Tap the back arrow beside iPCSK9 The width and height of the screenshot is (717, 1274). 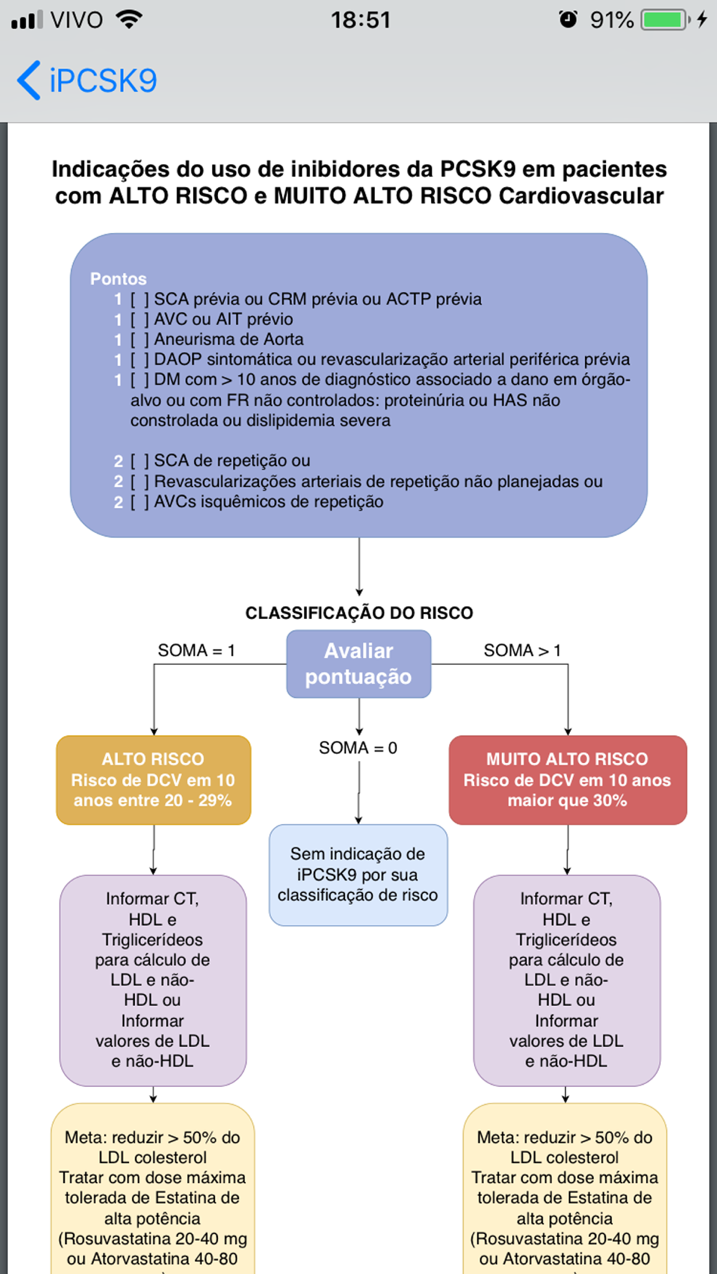click(x=29, y=80)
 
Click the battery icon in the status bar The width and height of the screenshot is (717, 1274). click(x=665, y=20)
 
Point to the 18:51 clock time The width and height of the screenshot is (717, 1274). click(x=361, y=20)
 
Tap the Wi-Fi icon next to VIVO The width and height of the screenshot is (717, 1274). click(x=129, y=19)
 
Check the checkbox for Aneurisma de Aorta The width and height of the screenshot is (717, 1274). click(x=140, y=340)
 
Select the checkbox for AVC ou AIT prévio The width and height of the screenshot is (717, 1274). click(x=140, y=320)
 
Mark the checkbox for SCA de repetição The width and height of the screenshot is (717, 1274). click(x=140, y=461)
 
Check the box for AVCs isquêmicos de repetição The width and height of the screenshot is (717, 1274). click(x=140, y=502)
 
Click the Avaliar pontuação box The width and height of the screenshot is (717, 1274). click(x=358, y=664)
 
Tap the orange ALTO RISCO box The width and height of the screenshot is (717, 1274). click(x=153, y=780)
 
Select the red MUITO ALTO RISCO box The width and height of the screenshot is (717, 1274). click(x=567, y=780)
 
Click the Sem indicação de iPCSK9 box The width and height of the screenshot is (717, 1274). click(x=358, y=875)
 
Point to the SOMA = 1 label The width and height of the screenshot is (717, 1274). click(x=196, y=651)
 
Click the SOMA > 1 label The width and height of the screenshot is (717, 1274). click(x=522, y=651)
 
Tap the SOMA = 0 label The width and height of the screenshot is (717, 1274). click(x=358, y=748)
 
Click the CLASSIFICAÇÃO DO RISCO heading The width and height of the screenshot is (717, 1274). click(x=359, y=613)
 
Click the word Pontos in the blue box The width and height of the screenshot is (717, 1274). click(x=118, y=279)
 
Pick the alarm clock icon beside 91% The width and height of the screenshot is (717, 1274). click(x=568, y=19)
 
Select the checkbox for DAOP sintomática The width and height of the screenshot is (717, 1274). click(x=140, y=360)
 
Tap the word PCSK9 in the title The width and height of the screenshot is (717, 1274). click(x=478, y=169)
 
